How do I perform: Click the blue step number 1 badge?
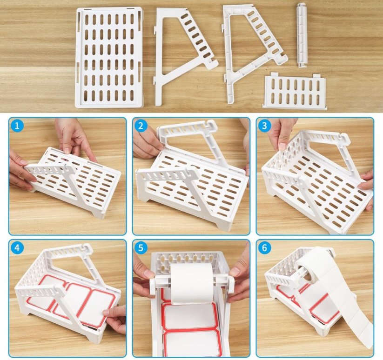tap(17, 126)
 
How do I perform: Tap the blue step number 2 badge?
tap(141, 126)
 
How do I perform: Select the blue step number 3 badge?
tap(264, 126)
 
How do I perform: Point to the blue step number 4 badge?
tap(17, 248)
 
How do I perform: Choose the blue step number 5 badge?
tap(141, 248)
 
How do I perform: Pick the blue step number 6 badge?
tap(264, 248)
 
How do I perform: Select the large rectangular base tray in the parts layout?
tap(109, 58)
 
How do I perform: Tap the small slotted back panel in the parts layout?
tap(295, 90)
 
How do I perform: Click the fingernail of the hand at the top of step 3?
tap(282, 146)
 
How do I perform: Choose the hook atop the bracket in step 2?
tap(211, 125)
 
